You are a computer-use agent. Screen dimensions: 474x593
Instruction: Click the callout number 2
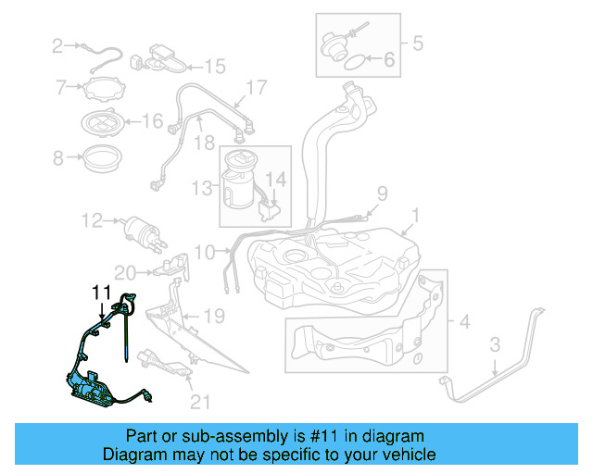click(x=57, y=45)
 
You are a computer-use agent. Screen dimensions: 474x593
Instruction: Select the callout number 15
click(x=215, y=66)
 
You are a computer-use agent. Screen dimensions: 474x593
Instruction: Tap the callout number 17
click(x=256, y=88)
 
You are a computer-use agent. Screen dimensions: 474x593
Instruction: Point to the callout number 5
click(x=417, y=42)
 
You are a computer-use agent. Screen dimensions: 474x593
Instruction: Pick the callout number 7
click(x=62, y=88)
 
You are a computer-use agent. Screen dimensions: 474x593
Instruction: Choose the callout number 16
click(x=152, y=120)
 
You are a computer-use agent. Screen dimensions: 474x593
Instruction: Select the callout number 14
click(x=277, y=177)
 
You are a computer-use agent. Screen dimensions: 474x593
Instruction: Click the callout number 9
click(x=380, y=193)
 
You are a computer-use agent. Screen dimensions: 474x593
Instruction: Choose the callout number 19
click(x=214, y=317)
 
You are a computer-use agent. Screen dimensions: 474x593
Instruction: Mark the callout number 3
click(x=495, y=345)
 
